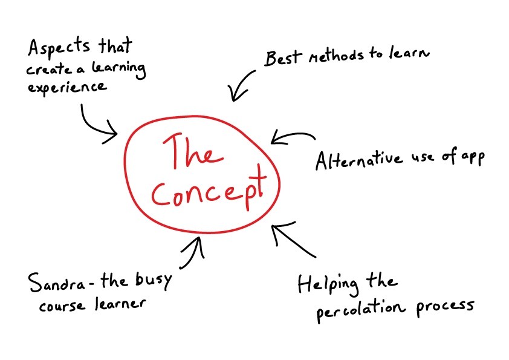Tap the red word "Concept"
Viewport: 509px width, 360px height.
coord(209,190)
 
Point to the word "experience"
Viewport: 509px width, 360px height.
coord(66,87)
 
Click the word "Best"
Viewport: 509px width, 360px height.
coord(282,59)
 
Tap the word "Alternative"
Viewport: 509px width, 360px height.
coord(358,160)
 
